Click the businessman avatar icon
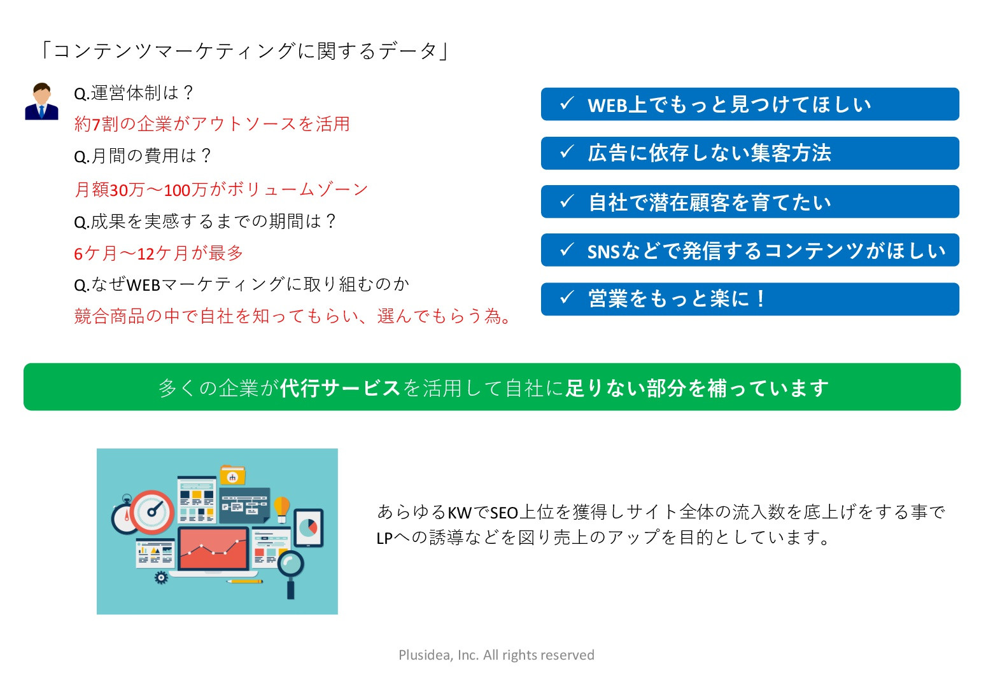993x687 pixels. pyautogui.click(x=41, y=102)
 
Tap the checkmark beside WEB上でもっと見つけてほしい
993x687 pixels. pyautogui.click(x=567, y=104)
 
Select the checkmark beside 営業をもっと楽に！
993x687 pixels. pyautogui.click(x=567, y=297)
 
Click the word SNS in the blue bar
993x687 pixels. pyautogui.click(x=603, y=252)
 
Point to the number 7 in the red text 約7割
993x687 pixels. pyautogui.click(x=97, y=125)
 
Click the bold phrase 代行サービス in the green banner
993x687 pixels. pyautogui.click(x=340, y=388)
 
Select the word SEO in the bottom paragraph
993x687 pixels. pyautogui.click(x=504, y=513)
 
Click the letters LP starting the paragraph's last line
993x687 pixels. pyautogui.click(x=384, y=539)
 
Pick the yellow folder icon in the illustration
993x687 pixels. pyautogui.click(x=232, y=475)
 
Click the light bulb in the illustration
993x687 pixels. pyautogui.click(x=281, y=508)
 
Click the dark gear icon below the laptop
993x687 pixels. pyautogui.click(x=161, y=578)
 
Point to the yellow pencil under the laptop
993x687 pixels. pyautogui.click(x=245, y=581)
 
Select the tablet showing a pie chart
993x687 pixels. pyautogui.click(x=309, y=528)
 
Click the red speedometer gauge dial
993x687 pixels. pyautogui.click(x=153, y=511)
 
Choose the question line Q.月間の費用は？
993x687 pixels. pyautogui.click(x=143, y=156)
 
